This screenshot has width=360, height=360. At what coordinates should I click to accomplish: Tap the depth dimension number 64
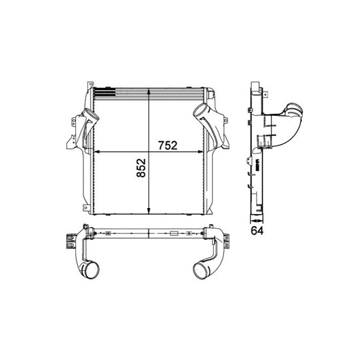pyautogui.click(x=257, y=231)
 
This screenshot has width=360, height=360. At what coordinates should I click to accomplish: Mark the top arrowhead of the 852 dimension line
pyautogui.click(x=148, y=90)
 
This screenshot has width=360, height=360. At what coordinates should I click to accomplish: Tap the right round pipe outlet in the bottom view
pyautogui.click(x=199, y=270)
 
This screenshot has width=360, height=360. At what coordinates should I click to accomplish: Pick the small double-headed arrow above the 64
pyautogui.click(x=257, y=219)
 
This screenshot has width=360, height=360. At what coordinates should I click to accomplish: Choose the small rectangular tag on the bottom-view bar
pyautogui.click(x=174, y=234)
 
